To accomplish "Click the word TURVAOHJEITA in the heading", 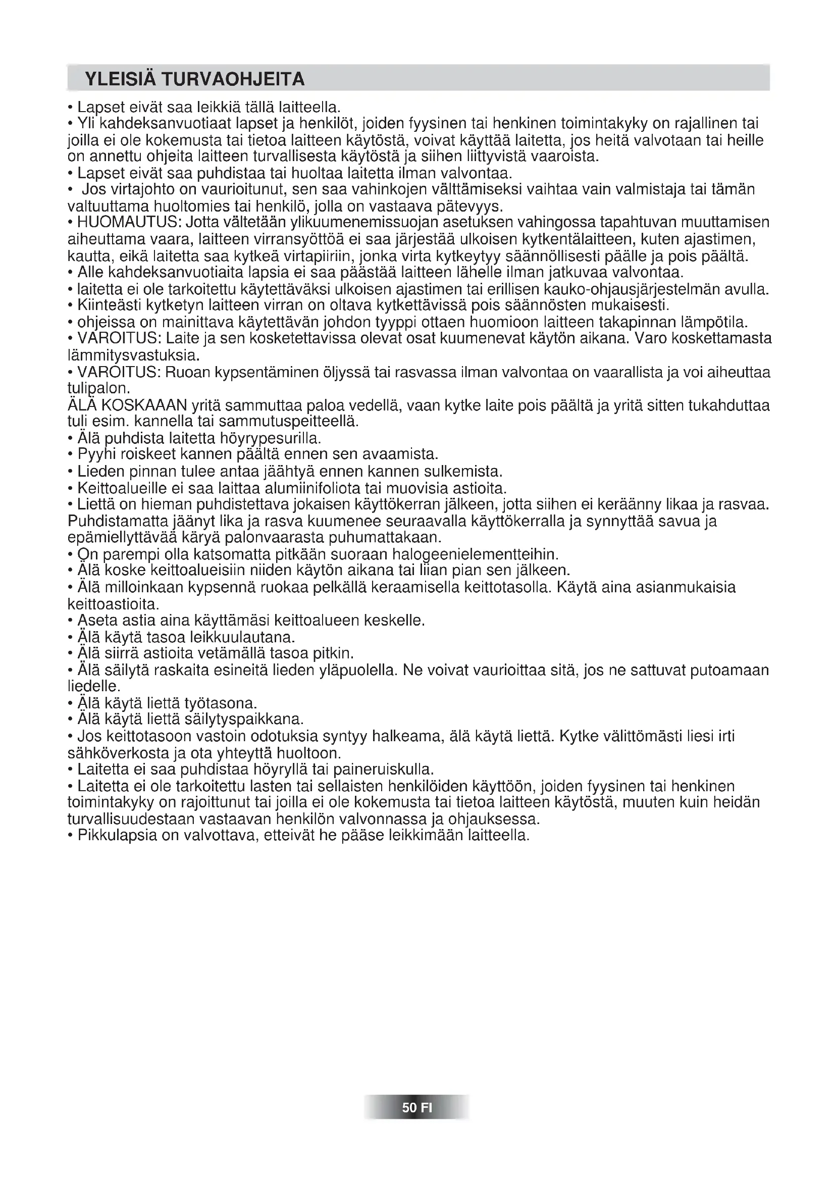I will pos(233,79).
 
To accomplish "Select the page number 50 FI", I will pos(417,1121).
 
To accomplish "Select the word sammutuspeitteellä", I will pos(288,422).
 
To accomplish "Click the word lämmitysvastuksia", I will pos(133,355).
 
